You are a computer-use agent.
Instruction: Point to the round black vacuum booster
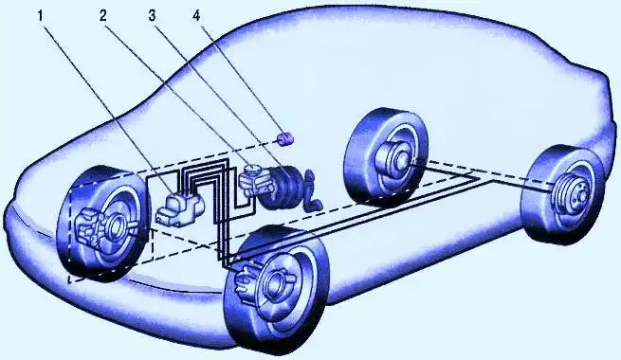(284, 187)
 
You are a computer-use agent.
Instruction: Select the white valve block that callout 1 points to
(177, 205)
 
